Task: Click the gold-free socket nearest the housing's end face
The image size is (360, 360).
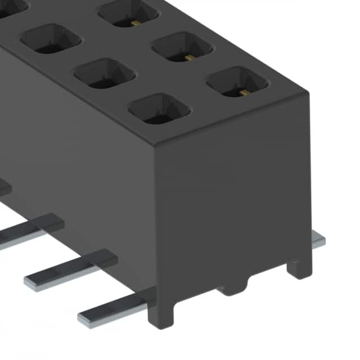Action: pyautogui.click(x=159, y=108)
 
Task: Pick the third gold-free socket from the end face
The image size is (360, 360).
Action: pyautogui.click(x=51, y=38)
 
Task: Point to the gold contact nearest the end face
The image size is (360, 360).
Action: pyautogui.click(x=237, y=83)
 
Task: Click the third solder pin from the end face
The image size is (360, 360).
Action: pyautogui.click(x=28, y=231)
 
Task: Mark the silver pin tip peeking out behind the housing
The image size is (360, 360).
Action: pyautogui.click(x=318, y=241)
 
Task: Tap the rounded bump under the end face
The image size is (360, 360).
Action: pyautogui.click(x=231, y=289)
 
